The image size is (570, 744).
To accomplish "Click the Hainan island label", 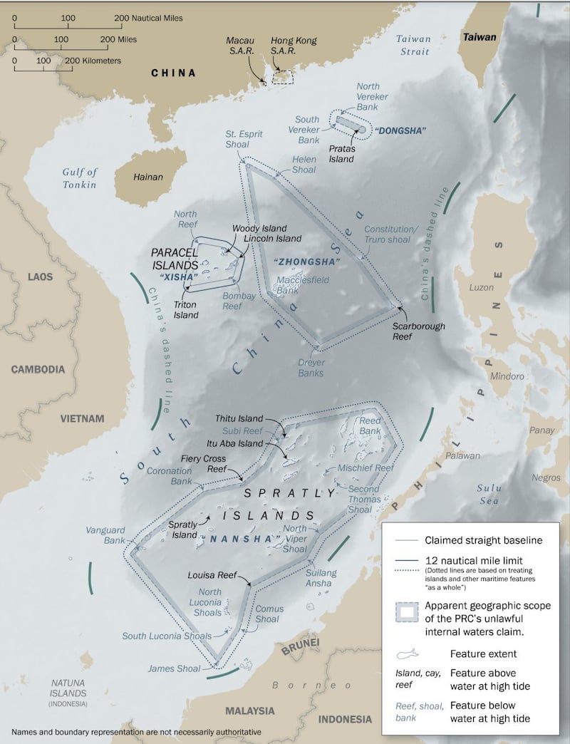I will (x=149, y=177).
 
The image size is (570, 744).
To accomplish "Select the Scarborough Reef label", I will (x=418, y=331).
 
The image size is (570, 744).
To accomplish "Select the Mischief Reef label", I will (x=366, y=467).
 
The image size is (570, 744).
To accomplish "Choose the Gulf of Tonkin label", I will (x=79, y=178).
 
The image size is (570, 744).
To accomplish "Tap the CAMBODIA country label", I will (x=38, y=369).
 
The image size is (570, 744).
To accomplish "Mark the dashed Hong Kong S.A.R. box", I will (x=283, y=76).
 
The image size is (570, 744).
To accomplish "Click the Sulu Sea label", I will (x=489, y=495).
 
